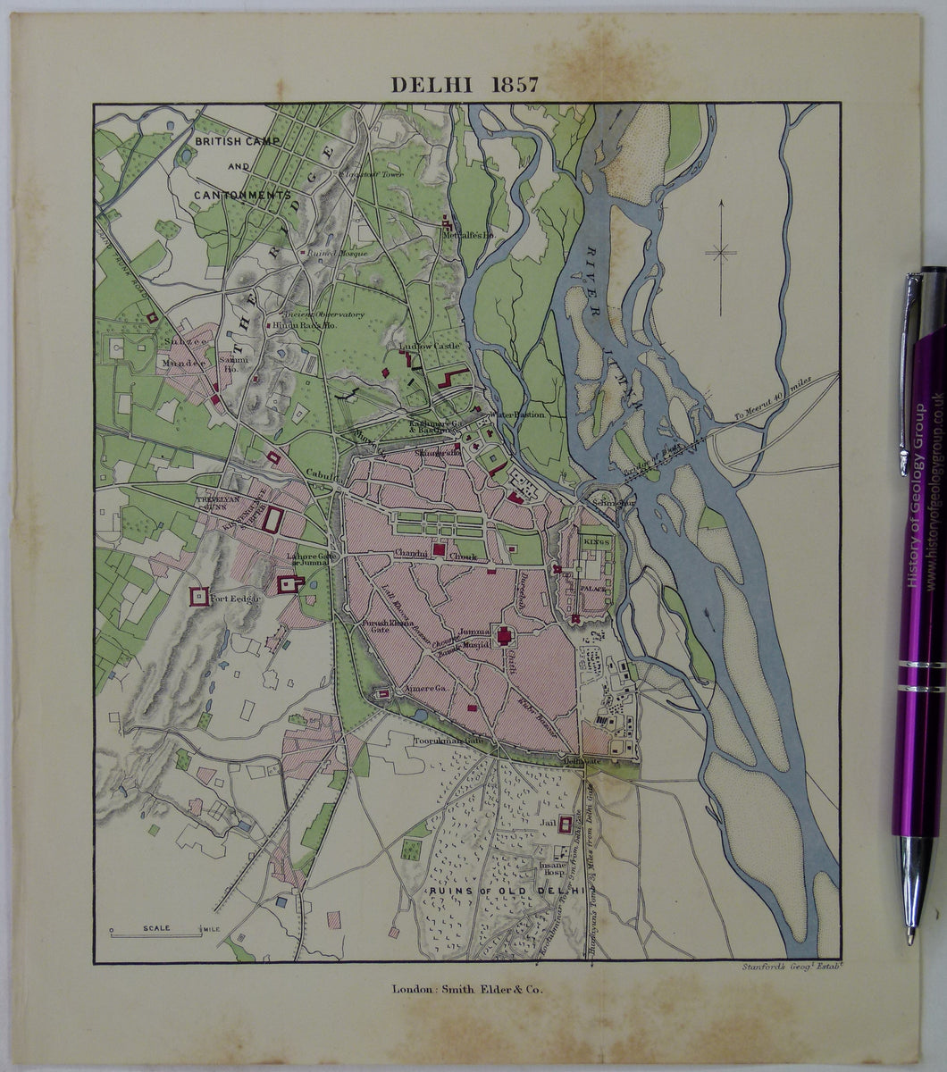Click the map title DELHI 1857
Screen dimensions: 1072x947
[x=465, y=86]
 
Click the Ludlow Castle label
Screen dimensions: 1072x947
[x=435, y=345]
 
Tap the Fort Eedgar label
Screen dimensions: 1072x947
[x=235, y=599]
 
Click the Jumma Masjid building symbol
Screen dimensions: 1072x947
[x=505, y=636]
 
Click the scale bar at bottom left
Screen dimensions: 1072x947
[x=157, y=931]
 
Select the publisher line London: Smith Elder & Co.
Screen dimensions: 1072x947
[x=467, y=989]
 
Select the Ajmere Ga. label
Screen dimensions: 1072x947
[x=425, y=689]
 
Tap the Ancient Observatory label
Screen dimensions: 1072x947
[x=323, y=314]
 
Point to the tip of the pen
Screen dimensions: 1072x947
[x=910, y=939]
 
